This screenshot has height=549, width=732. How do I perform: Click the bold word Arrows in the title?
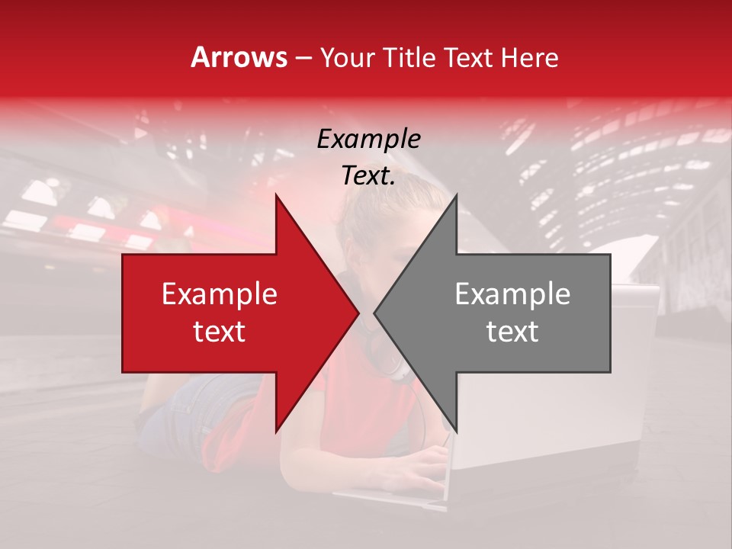click(239, 57)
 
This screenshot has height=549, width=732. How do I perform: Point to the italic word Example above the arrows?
click(368, 140)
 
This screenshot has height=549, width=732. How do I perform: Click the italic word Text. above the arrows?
click(368, 176)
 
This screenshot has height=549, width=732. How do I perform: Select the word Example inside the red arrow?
click(219, 294)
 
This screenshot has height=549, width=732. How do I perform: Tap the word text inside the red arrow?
click(219, 332)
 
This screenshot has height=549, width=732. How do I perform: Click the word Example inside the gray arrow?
click(512, 294)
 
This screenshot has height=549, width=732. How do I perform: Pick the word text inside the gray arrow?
click(512, 332)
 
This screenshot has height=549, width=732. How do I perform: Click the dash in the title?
click(303, 59)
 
